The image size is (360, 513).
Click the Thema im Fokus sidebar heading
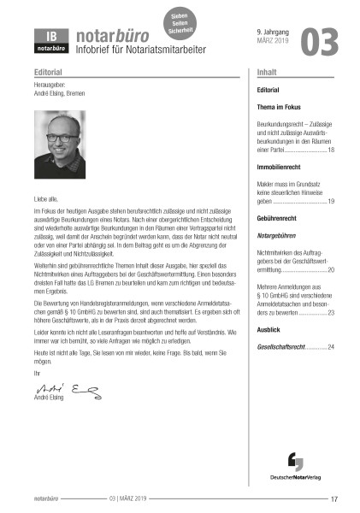pos(281,108)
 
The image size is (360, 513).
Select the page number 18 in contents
pos(331,150)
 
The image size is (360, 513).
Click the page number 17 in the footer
pos(334,499)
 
